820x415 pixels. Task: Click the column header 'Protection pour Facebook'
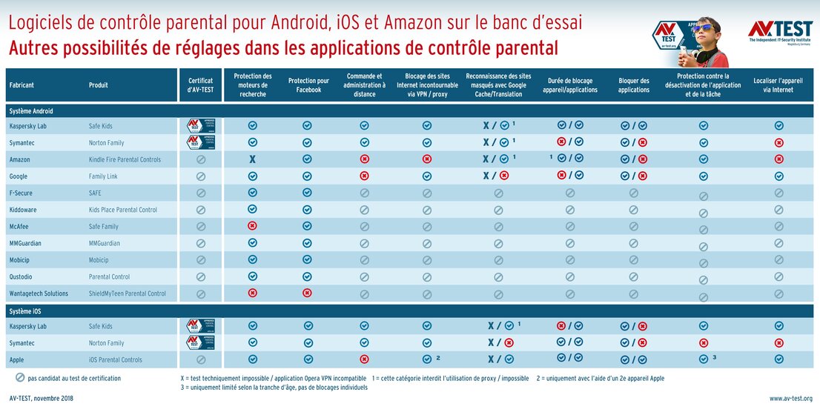308,85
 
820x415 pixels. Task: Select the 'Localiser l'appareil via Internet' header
778,85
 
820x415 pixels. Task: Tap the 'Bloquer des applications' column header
633,85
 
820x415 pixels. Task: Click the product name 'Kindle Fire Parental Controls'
125,159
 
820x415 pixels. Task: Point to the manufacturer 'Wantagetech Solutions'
39,293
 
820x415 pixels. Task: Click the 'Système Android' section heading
31,110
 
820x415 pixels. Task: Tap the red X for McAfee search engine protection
253,226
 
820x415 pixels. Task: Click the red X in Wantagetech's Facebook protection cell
308,293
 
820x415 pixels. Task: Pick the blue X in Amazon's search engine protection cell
253,159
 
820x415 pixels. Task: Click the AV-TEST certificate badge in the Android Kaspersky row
200,126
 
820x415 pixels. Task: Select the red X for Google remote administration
364,176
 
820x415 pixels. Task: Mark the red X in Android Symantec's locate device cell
778,143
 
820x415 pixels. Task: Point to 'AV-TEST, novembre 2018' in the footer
42,398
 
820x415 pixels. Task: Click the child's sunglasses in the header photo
705,29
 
